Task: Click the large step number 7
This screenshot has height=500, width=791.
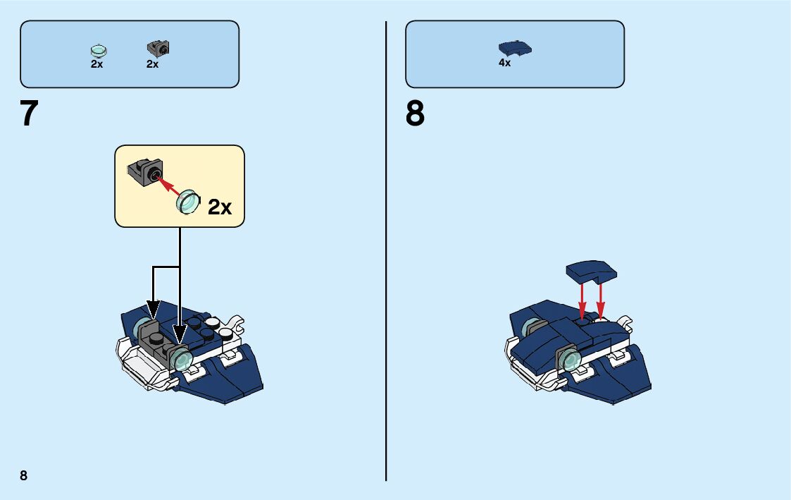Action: (x=29, y=114)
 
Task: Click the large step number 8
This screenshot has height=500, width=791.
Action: (x=415, y=114)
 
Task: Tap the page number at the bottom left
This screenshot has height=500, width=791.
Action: (x=23, y=475)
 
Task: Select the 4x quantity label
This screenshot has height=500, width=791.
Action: (x=504, y=63)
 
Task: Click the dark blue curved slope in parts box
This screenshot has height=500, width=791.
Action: (x=515, y=48)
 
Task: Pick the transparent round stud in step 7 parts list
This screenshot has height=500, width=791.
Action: (x=99, y=50)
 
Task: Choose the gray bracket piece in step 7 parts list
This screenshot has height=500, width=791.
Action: (x=159, y=49)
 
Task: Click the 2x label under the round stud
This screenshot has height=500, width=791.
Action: (x=97, y=64)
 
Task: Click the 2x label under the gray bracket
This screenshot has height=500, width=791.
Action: (x=153, y=64)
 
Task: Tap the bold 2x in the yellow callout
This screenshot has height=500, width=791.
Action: (x=219, y=207)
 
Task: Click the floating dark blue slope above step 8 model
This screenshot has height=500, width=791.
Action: (x=592, y=271)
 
